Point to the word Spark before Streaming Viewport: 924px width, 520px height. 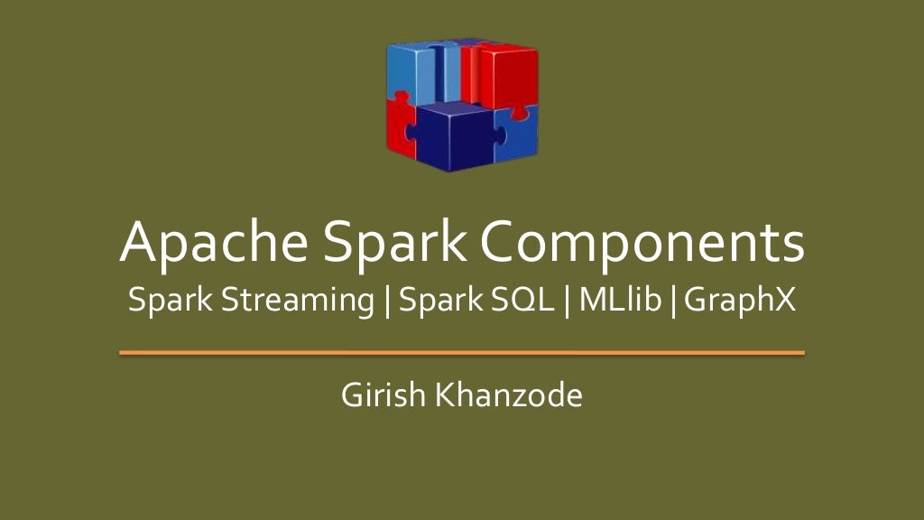coord(170,301)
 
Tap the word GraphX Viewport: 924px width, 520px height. coord(740,301)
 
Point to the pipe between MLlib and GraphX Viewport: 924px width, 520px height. coord(673,301)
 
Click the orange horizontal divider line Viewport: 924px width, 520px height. coord(462,353)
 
